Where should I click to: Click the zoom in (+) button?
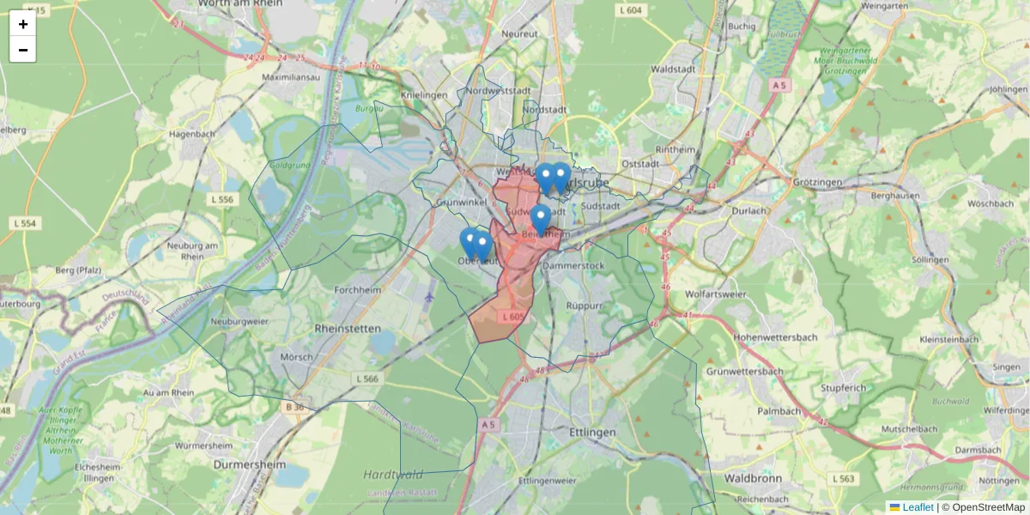pos(22,24)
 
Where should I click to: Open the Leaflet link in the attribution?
pos(918,507)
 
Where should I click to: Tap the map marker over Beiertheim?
pos(540,218)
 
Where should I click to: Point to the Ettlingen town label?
pos(592,433)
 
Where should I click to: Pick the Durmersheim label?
pos(250,463)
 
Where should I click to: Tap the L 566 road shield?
pos(367,379)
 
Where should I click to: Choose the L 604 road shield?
pos(629,10)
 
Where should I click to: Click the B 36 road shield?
pos(295,407)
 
